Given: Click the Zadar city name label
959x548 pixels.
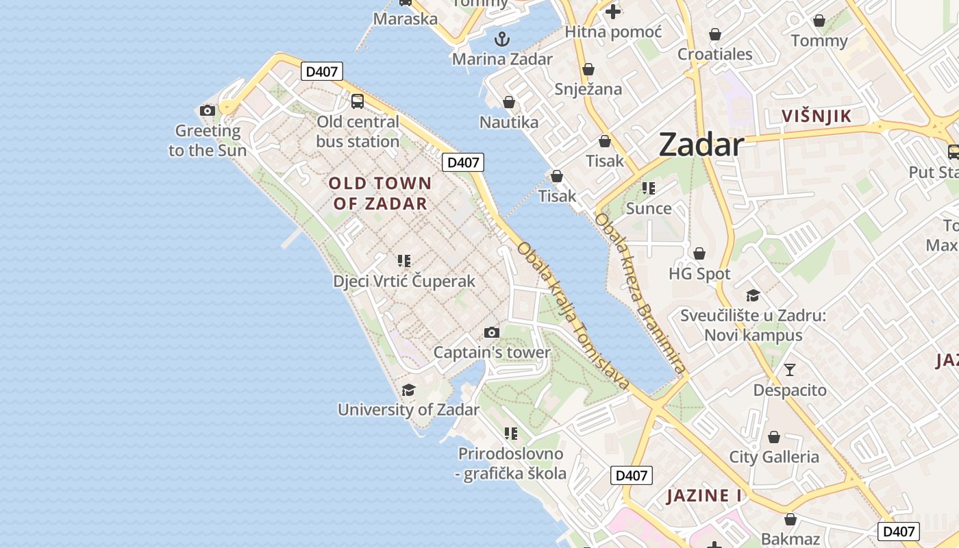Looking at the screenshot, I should pyautogui.click(x=701, y=145).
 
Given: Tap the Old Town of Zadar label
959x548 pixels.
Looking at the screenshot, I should pyautogui.click(x=380, y=193).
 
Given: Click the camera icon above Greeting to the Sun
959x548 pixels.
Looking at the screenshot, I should pyautogui.click(x=208, y=110).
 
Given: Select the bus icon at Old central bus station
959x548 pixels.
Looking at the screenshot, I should pyautogui.click(x=357, y=101).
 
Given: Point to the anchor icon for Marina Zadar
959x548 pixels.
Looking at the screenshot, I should pyautogui.click(x=502, y=38).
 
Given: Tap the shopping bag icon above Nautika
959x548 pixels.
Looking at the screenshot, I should pyautogui.click(x=509, y=102).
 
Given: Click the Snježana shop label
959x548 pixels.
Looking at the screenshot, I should pyautogui.click(x=588, y=89).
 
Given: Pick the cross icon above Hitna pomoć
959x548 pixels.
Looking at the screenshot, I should pyautogui.click(x=612, y=11).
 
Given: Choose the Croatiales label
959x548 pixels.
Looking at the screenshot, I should pyautogui.click(x=714, y=54).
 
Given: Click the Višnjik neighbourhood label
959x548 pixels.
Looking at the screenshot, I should pyautogui.click(x=817, y=116).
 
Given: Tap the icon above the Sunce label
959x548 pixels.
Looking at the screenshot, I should pyautogui.click(x=648, y=188).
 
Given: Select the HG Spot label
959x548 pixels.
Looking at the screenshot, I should pyautogui.click(x=699, y=274).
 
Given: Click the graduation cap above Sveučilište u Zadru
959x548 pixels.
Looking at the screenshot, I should pyautogui.click(x=753, y=295).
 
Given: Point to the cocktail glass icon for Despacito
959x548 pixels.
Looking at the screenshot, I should pyautogui.click(x=790, y=370).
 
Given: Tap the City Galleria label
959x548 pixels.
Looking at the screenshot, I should pyautogui.click(x=773, y=457).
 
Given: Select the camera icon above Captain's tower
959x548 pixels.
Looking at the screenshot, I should pyautogui.click(x=491, y=332).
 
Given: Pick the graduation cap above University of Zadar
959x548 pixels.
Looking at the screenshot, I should pyautogui.click(x=408, y=390).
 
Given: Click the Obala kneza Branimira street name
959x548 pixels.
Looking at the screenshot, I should pyautogui.click(x=640, y=295).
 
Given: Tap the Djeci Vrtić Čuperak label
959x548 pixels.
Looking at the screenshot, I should pyautogui.click(x=404, y=282).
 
